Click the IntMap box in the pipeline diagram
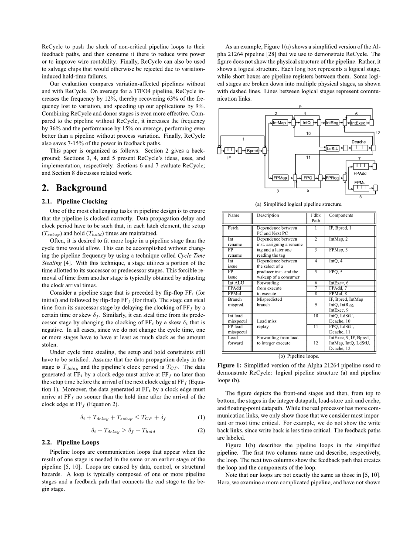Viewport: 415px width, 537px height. coord(279,123)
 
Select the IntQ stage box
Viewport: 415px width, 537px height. coord(306,123)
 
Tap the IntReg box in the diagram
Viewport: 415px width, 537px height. coord(332,123)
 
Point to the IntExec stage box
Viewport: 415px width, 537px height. coord(358,123)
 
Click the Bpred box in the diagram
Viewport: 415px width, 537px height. coord(252,151)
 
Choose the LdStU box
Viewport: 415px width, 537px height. coord(333,149)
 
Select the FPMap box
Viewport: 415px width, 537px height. coord(280,178)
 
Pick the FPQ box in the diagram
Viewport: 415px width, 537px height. coord(308,178)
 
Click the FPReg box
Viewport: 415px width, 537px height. coord(333,178)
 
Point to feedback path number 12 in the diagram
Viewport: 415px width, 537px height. coord(378,133)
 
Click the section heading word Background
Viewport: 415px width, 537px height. coord(81,188)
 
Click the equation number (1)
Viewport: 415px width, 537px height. coord(201,417)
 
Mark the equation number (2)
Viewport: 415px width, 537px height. coord(201,431)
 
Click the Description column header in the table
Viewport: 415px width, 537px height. coord(268,215)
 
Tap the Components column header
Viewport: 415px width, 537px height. coord(341,215)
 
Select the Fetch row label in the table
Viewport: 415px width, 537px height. coord(233,228)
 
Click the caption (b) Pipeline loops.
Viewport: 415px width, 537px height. coord(299,356)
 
